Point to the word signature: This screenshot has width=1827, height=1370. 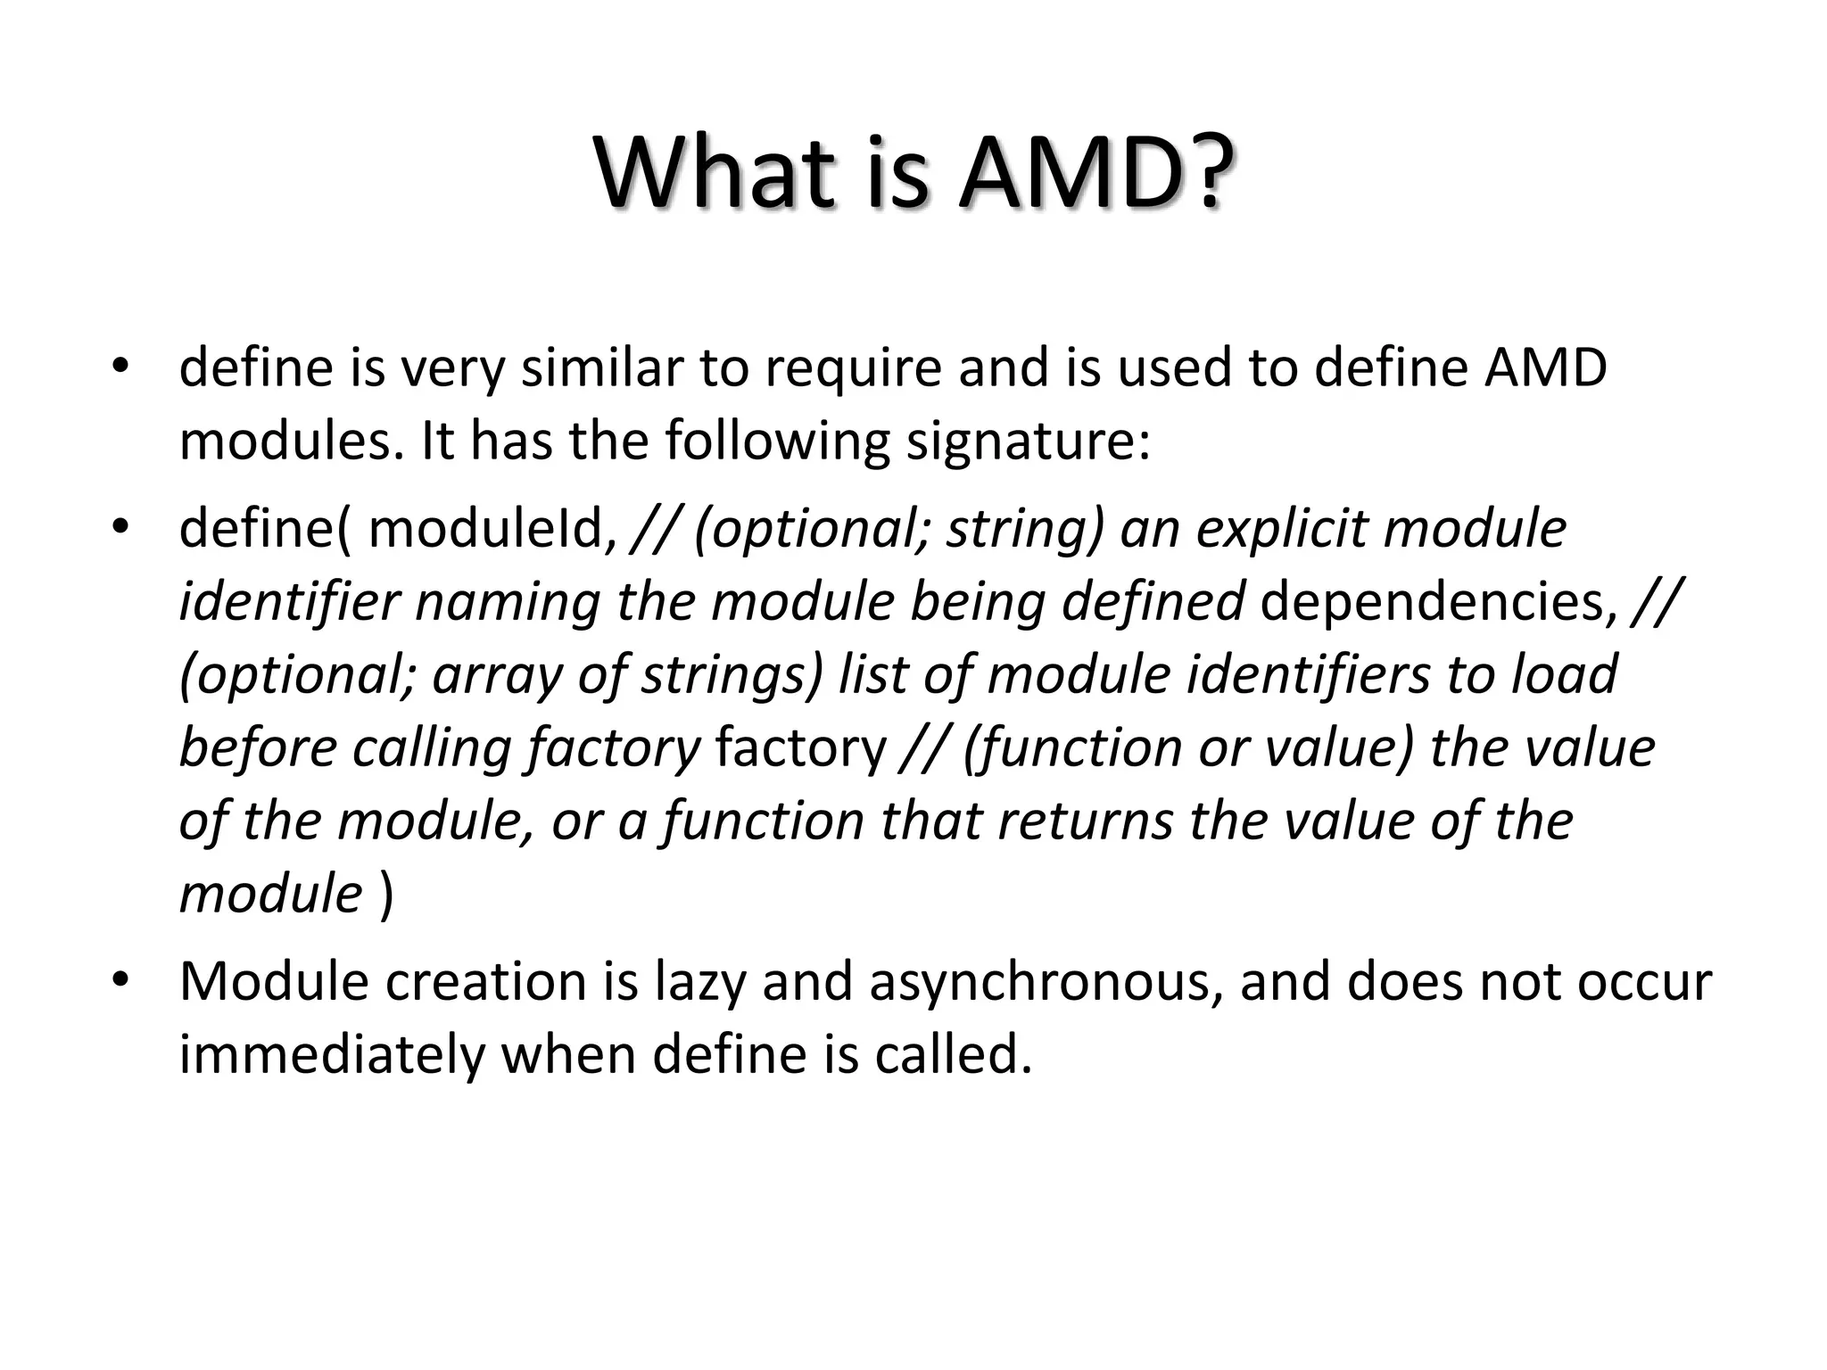pos(1029,442)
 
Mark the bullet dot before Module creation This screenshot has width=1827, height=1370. pos(121,981)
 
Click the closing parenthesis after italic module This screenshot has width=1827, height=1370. pos(385,895)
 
